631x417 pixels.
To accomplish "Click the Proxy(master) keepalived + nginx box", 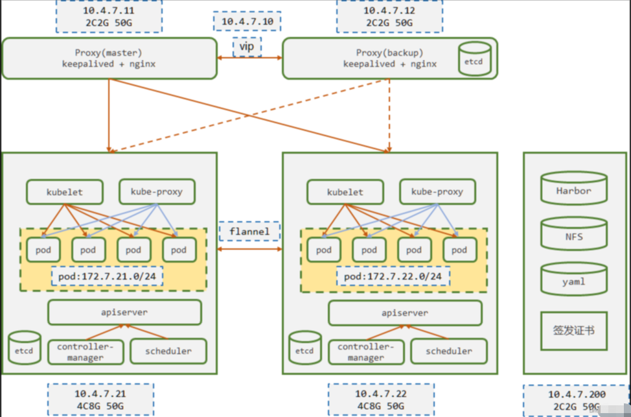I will pos(109,58).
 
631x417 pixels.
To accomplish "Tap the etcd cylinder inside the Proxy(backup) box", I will pos(475,58).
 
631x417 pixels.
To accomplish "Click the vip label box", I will pos(247,47).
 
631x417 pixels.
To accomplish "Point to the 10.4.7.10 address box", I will pos(247,21).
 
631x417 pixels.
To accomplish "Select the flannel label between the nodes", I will pos(249,232).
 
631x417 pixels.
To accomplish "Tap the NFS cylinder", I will pos(573,236).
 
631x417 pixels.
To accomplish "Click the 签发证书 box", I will pos(573,330).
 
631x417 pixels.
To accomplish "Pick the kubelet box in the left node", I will pos(65,192).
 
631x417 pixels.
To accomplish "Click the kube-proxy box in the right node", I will pos(437,192).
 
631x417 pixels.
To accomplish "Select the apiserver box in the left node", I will pos(124,313).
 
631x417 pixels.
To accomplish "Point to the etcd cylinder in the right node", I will pos(304,348).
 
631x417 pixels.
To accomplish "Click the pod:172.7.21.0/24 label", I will pos(107,277).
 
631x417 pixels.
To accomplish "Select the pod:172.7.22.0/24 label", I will pos(393,277).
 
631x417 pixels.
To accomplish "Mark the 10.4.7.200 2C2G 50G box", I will pos(577,399).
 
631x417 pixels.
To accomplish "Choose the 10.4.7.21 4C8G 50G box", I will pos(100,399).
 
